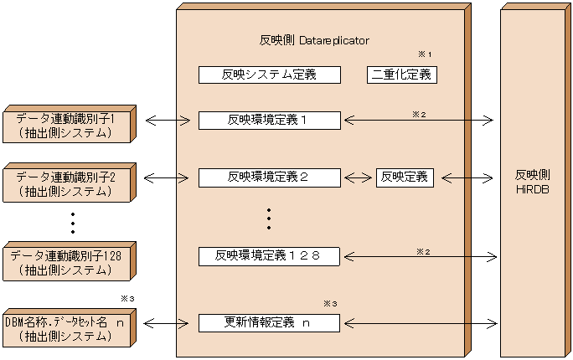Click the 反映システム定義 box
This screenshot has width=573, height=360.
coord(269,75)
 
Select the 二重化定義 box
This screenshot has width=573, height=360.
coord(402,75)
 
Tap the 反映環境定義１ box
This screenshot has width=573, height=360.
coord(269,120)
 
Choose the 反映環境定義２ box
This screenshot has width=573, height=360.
coord(269,177)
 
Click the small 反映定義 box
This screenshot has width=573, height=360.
coord(405,177)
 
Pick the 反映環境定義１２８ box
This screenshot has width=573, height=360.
coord(269,255)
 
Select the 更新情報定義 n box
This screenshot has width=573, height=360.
coord(269,322)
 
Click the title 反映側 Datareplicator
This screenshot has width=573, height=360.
coord(315,40)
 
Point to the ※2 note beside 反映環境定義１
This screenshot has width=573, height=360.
coord(420,112)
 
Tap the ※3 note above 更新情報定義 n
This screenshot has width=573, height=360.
coord(329,302)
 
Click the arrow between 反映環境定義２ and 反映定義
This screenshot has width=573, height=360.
coord(359,177)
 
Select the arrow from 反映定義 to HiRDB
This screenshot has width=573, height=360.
coord(467,177)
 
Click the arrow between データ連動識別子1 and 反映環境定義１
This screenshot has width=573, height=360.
coord(168,120)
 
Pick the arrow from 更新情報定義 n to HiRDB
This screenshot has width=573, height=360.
coord(420,322)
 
